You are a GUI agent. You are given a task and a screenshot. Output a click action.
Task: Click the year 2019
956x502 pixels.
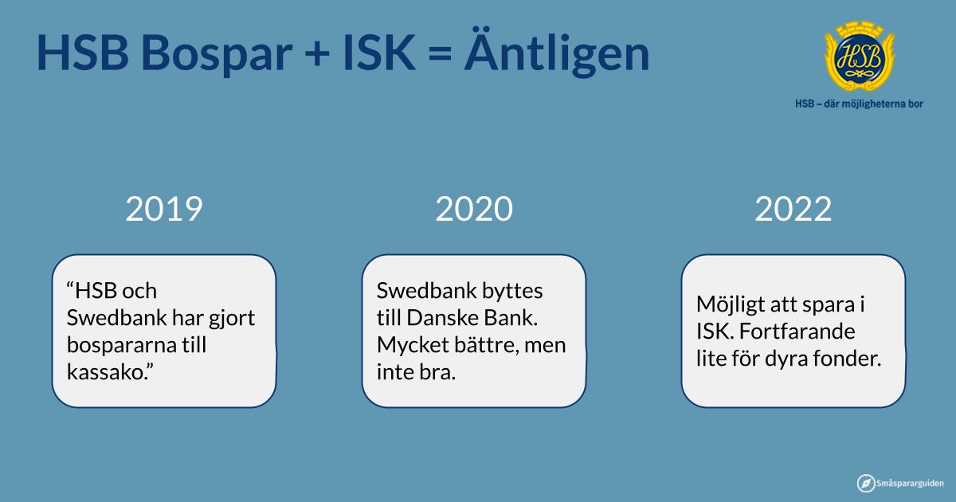pos(164,209)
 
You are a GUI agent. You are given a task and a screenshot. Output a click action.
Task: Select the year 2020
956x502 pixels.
pos(474,209)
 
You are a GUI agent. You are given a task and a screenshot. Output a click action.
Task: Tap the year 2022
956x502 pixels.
pos(793,209)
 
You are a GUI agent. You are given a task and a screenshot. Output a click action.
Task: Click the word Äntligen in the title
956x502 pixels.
pos(557,53)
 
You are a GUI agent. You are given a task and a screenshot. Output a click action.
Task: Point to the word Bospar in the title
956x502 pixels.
pos(217,54)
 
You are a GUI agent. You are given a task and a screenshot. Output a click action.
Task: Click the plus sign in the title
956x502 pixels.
pos(318,54)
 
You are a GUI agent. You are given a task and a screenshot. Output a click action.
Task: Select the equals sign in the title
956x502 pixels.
pos(440,54)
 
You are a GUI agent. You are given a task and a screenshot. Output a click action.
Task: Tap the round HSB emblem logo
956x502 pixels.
pos(860,56)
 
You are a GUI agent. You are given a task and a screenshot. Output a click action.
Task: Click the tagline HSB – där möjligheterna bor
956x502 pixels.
pos(859,104)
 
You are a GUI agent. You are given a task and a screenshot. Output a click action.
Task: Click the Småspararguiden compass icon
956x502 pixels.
pos(866,483)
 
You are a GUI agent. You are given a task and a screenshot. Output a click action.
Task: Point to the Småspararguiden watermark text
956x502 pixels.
pos(910,484)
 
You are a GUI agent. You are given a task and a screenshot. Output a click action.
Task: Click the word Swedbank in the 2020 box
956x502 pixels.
pos(426,291)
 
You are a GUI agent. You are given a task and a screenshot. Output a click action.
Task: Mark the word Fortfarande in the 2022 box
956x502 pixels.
pos(797,331)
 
